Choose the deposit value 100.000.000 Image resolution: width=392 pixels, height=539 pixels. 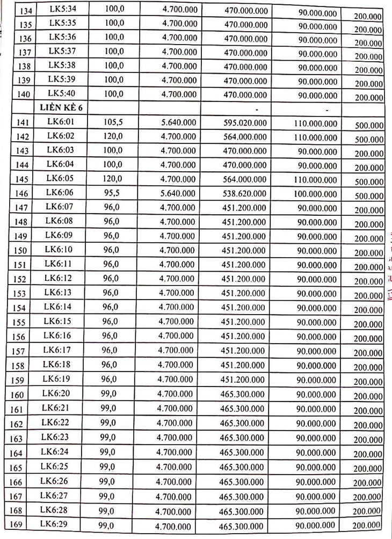tap(316, 193)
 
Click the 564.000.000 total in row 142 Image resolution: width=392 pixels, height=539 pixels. tap(244, 137)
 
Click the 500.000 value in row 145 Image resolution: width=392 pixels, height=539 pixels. tap(369, 181)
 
